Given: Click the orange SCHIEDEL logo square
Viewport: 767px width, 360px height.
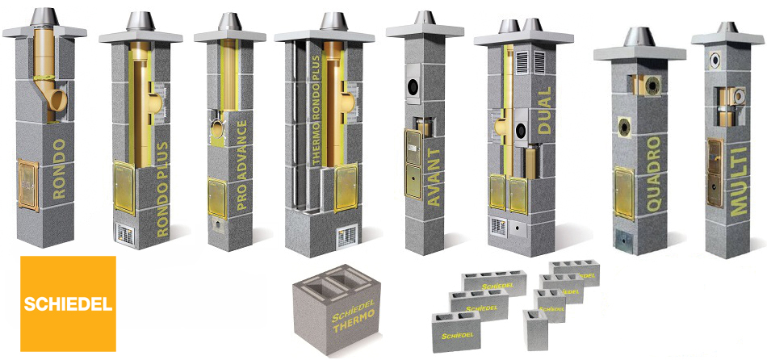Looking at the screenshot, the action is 68,303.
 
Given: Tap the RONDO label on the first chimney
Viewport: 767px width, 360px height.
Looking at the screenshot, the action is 59,169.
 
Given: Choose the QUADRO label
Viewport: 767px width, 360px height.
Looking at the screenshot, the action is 655,174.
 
